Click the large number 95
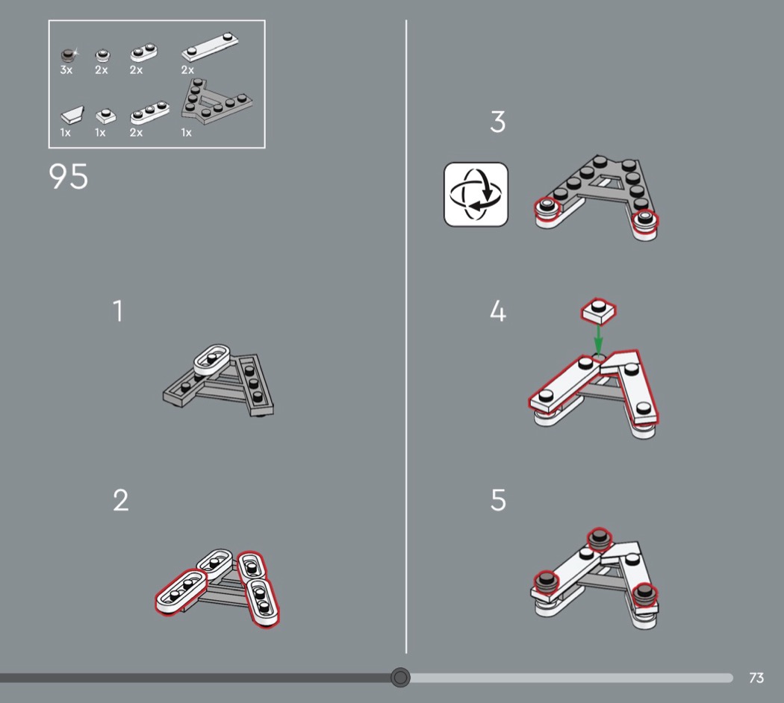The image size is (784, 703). point(69,176)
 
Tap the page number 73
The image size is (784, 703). point(756,678)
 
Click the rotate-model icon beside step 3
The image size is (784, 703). point(476,194)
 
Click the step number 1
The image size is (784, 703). point(117,310)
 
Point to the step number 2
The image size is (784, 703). point(120,500)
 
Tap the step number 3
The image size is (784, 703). point(497,122)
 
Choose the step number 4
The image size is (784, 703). point(497,311)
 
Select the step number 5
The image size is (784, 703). point(498,500)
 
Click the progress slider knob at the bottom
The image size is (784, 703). point(400,678)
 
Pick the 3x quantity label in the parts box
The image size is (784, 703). point(66,70)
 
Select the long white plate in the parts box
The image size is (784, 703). point(210,48)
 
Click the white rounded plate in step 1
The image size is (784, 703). point(212,359)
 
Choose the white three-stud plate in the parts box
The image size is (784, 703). point(149,113)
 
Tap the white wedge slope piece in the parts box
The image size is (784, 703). point(72,115)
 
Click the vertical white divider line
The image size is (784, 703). point(406,337)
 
